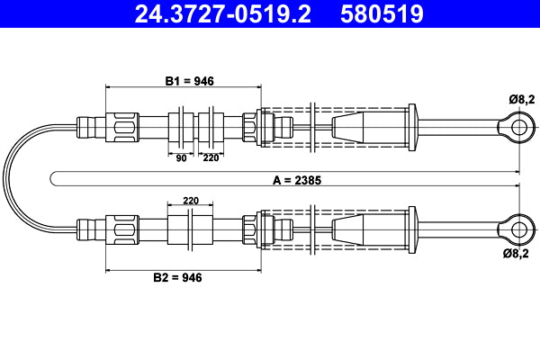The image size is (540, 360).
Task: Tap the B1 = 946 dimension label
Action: (189, 81)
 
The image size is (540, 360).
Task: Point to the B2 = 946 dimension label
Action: (177, 277)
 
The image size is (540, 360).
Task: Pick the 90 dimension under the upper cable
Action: (181, 157)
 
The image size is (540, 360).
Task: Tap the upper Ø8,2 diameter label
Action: (521, 96)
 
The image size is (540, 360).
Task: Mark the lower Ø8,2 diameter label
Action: (521, 256)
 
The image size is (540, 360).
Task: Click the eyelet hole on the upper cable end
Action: (518, 127)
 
